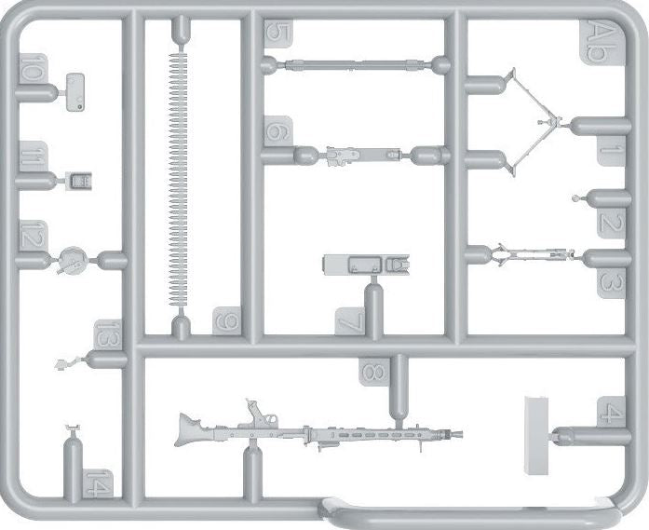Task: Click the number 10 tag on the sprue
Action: [x=34, y=69]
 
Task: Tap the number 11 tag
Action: [x=34, y=156]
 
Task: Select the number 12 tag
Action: [x=34, y=235]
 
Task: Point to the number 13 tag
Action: [x=108, y=335]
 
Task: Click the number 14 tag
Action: [x=98, y=483]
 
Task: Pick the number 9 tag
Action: [x=227, y=320]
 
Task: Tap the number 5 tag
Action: [x=278, y=34]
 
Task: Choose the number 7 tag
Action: [x=350, y=321]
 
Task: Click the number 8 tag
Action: [x=374, y=373]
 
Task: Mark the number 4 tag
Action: [x=612, y=411]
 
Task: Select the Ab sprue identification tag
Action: [x=600, y=43]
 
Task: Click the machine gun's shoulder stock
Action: [x=189, y=430]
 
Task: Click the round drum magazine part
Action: [x=73, y=261]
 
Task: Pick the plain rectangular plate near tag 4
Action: [x=537, y=436]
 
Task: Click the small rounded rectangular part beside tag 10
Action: [x=75, y=92]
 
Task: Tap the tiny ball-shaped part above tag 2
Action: [x=575, y=198]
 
